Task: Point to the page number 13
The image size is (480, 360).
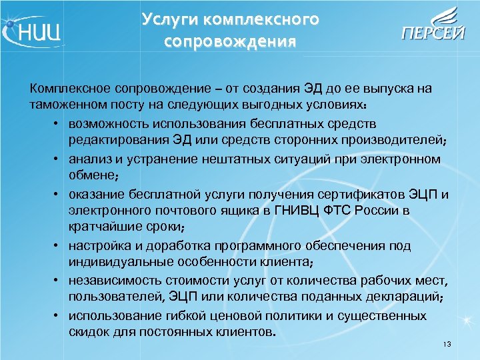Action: tap(447, 344)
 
